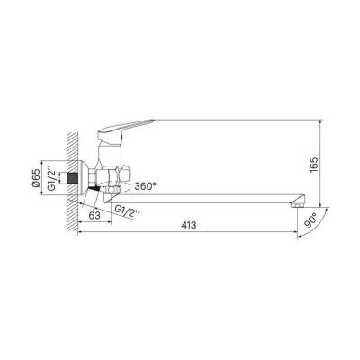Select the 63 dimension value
[x=94, y=216]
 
